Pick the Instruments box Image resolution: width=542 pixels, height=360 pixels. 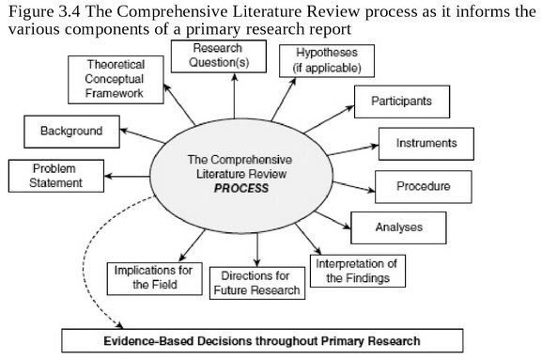click(420, 143)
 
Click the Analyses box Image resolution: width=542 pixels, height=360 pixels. click(388, 226)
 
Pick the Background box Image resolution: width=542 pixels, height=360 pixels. click(70, 130)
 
